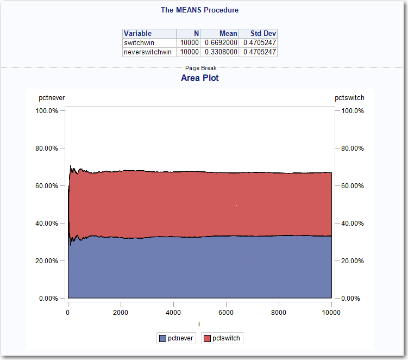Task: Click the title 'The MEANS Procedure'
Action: (x=199, y=10)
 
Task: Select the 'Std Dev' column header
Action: (x=263, y=34)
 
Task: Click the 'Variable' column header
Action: (x=138, y=34)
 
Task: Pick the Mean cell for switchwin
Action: (x=220, y=43)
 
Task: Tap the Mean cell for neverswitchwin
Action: (x=220, y=52)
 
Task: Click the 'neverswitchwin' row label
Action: (x=148, y=52)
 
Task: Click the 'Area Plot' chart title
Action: (x=200, y=78)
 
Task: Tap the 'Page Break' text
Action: (x=200, y=69)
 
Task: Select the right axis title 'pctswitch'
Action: (x=349, y=98)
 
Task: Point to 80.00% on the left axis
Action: (x=47, y=148)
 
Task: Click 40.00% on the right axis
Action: (x=351, y=224)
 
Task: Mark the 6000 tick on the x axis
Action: (x=226, y=313)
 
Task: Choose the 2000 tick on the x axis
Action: (x=121, y=313)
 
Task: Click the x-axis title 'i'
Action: (x=199, y=324)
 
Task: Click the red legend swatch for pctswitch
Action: (x=206, y=338)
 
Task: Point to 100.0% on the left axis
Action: (x=47, y=111)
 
